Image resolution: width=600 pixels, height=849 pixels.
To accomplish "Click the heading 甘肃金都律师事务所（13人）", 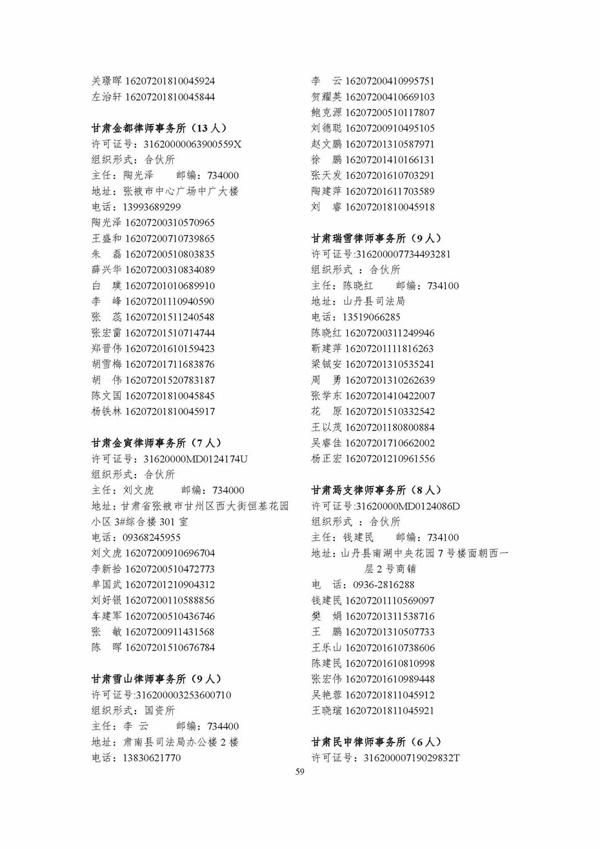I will pyautogui.click(x=159, y=128).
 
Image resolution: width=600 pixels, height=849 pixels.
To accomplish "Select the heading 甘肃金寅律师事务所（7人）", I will pyautogui.click(x=156, y=443).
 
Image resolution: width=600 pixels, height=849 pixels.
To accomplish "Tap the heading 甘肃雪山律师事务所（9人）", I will pyautogui.click(x=156, y=679).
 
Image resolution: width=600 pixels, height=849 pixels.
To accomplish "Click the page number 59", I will pyautogui.click(x=299, y=772).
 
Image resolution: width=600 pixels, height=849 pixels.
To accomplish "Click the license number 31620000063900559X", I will pyautogui.click(x=192, y=144).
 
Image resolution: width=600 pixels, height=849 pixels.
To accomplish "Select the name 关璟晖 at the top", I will pyautogui.click(x=106, y=81).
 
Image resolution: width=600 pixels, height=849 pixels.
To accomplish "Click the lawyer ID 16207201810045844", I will pyautogui.click(x=170, y=97).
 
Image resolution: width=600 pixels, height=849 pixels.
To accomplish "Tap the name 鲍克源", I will pyautogui.click(x=326, y=113).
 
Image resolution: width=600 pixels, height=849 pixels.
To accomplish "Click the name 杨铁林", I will pyautogui.click(x=106, y=411).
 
